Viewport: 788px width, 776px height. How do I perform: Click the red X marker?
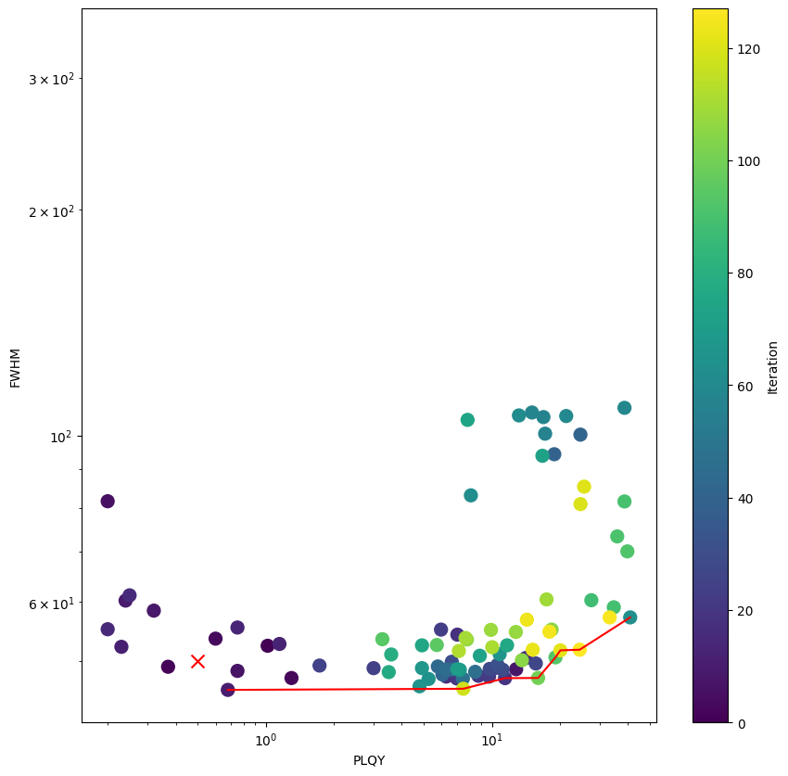tap(197, 661)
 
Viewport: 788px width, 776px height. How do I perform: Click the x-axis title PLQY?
tap(369, 760)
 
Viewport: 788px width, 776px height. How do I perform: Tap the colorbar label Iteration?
tap(772, 367)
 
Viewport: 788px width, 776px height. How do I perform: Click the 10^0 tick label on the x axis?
tap(266, 740)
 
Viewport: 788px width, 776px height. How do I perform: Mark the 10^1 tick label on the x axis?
tap(492, 740)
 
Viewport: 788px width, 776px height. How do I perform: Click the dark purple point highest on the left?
tap(108, 502)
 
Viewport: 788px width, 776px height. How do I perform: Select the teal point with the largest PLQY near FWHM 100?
tap(625, 408)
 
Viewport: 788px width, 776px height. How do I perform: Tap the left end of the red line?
tap(228, 690)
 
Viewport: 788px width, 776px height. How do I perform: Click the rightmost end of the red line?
tap(629, 617)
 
